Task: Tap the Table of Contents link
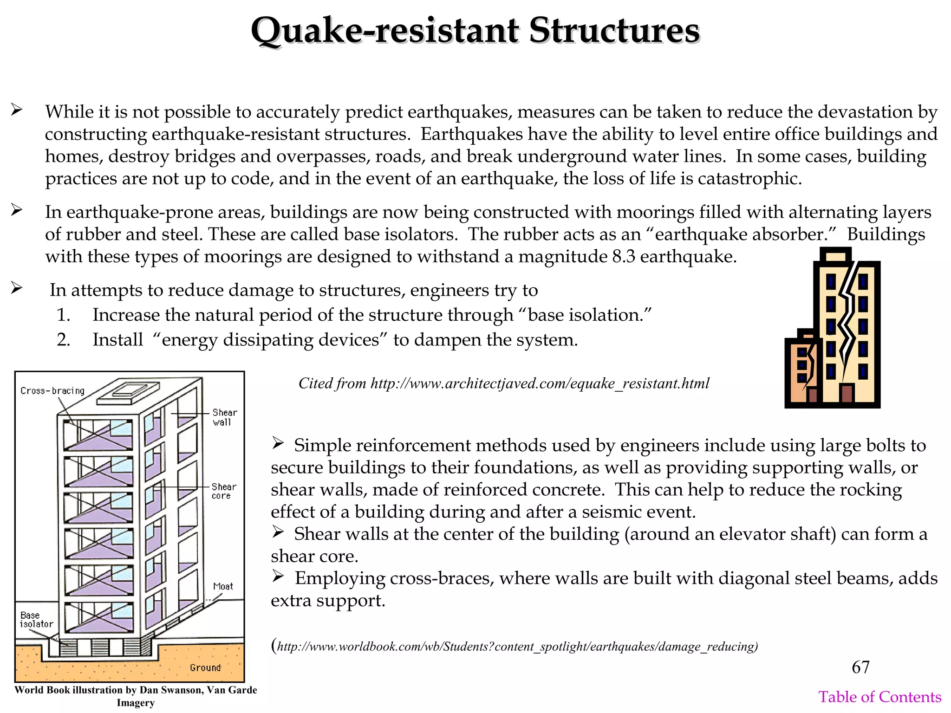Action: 879,697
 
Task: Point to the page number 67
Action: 860,667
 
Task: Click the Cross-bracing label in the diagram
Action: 52,391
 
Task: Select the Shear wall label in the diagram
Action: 224,417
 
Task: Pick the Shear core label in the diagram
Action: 223,491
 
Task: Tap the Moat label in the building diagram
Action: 223,586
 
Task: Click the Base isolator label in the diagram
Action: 36,620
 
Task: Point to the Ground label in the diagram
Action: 205,668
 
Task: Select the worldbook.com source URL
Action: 517,647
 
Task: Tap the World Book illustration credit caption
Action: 136,696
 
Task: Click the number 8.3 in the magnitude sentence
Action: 623,256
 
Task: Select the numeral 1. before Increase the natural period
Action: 64,315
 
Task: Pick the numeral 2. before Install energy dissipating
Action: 64,340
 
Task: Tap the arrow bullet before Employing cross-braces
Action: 278,577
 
